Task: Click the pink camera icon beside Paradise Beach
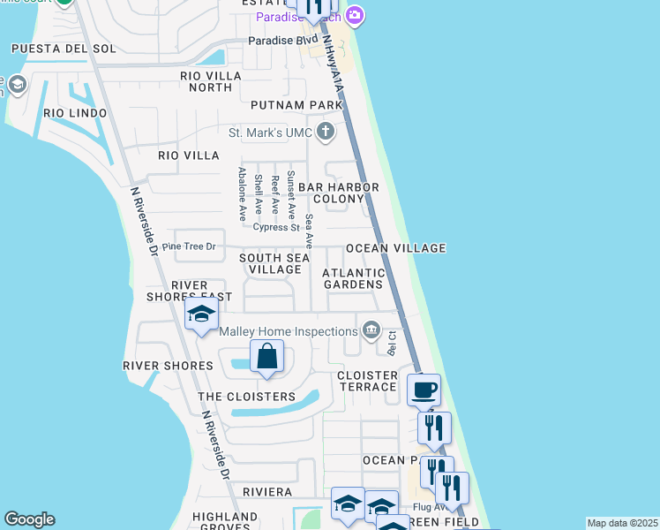click(x=355, y=15)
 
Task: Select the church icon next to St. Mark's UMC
click(x=326, y=133)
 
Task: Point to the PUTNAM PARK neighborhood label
click(x=296, y=105)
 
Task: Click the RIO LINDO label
click(x=75, y=113)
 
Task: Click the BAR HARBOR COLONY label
click(x=338, y=193)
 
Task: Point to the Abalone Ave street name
click(x=241, y=195)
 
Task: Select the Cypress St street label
click(x=276, y=227)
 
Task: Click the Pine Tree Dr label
click(x=189, y=246)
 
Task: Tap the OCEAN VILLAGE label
click(x=395, y=248)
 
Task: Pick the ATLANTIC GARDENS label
click(x=354, y=278)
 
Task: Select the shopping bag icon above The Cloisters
click(x=266, y=357)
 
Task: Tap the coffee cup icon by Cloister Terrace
click(x=424, y=389)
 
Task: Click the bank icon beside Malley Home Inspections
click(x=371, y=331)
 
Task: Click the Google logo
click(x=29, y=519)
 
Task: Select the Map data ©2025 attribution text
click(x=621, y=523)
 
